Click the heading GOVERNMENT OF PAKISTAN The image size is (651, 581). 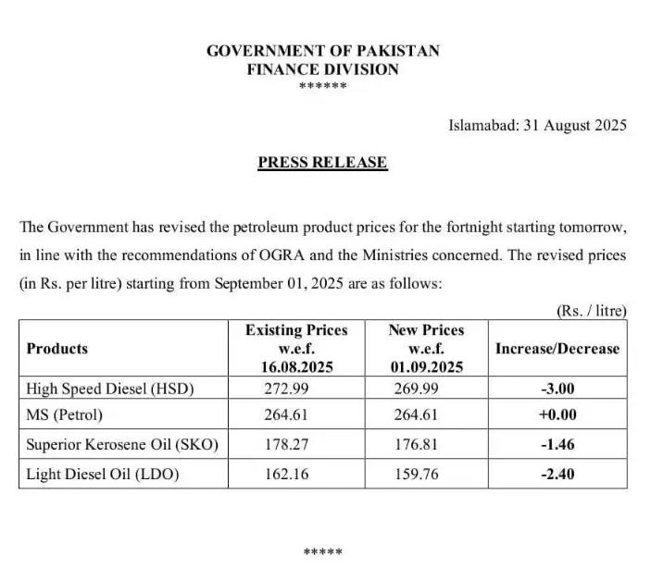point(323,51)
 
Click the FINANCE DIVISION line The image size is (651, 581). point(323,69)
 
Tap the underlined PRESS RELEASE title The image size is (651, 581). point(322,163)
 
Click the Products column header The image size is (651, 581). point(57,349)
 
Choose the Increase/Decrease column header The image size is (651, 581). point(557,349)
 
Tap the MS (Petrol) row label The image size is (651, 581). point(65,415)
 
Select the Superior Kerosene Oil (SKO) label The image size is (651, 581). point(122,444)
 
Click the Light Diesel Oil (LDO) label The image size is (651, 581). point(103,474)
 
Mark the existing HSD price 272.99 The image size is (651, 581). point(286,389)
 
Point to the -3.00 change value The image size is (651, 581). point(557,389)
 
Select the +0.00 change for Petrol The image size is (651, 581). point(557,415)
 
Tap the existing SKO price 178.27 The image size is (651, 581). point(286,444)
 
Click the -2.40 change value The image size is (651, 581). point(557,474)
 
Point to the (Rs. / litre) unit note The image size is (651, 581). point(592,311)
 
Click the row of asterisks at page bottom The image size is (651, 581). point(323,552)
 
